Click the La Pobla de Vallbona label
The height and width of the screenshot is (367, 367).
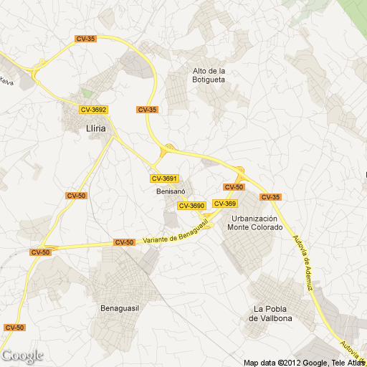pos(270,312)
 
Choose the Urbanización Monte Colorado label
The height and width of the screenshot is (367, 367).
pos(255,223)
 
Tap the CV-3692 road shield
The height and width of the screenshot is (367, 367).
pos(93,110)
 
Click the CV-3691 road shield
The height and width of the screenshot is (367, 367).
pos(164,178)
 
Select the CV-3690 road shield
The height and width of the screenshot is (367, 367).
pos(191,206)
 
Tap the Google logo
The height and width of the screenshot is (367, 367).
pos(22,356)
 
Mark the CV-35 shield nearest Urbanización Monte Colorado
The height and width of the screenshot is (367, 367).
pos(270,197)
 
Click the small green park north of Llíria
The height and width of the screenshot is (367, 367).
pos(87,93)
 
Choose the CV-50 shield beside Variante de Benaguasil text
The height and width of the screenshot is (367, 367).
pos(124,242)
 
